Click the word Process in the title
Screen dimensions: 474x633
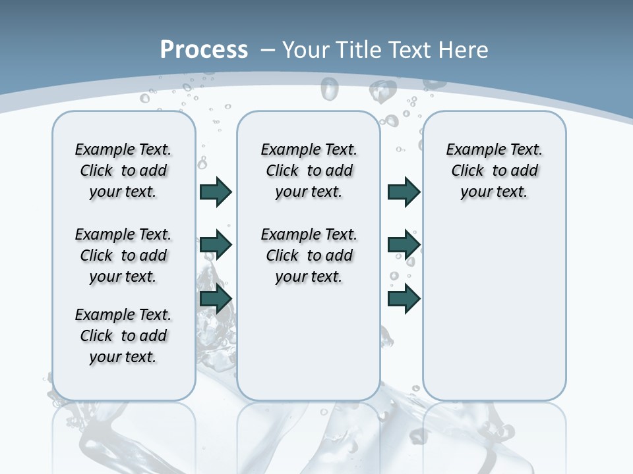204,49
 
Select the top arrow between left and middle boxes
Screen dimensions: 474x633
216,192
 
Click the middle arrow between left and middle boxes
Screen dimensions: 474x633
216,245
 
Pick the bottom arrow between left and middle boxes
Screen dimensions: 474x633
216,299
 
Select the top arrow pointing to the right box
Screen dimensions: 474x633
404,192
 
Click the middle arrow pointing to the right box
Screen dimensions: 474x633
404,245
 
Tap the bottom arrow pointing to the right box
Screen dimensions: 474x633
404,299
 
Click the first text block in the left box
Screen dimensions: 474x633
123,171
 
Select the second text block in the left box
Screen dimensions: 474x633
123,255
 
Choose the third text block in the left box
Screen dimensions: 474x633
123,336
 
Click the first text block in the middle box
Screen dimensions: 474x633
309,171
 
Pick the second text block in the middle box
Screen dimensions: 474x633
309,255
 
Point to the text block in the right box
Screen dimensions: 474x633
495,171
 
